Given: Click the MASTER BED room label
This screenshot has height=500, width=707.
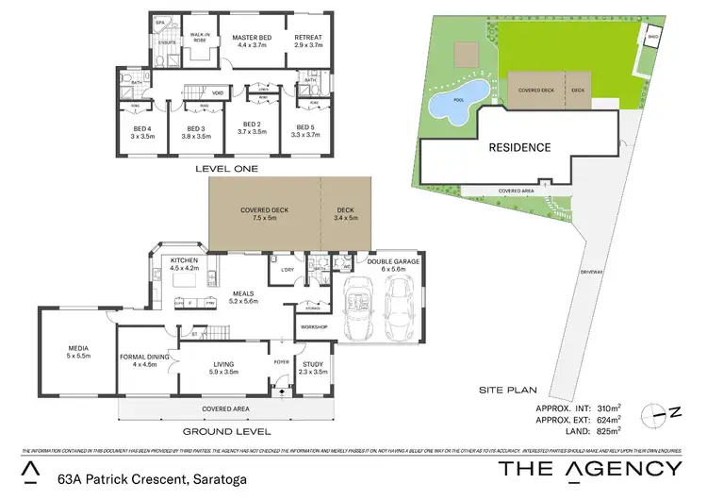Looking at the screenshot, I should (252, 38).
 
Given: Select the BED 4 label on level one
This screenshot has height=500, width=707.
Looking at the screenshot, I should (142, 128).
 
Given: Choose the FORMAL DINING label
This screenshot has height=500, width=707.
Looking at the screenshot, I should (144, 357).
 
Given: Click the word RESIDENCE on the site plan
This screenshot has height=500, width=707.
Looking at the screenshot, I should (518, 148).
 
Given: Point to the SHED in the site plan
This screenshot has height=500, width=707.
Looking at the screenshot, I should (652, 39).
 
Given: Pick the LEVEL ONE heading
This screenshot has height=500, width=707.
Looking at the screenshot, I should (226, 168).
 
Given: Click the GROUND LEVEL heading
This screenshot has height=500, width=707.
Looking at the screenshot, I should (226, 431).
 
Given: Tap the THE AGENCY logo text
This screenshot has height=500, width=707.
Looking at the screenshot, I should (588, 469).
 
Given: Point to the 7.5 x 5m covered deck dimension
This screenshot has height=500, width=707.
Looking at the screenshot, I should (264, 218).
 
